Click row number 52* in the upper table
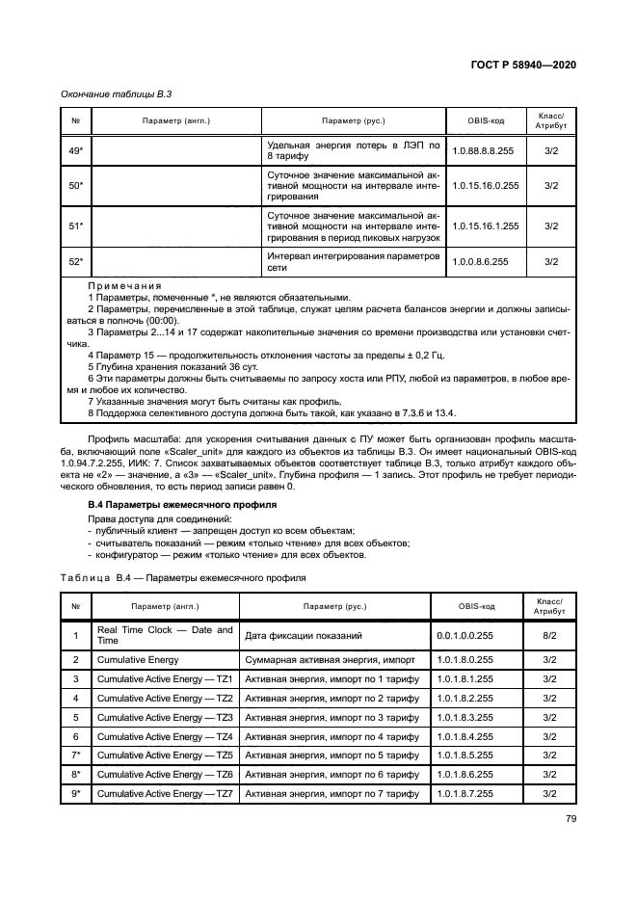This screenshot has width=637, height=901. point(75,260)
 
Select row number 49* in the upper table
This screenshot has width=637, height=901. point(75,150)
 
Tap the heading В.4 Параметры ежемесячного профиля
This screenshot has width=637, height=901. point(164,504)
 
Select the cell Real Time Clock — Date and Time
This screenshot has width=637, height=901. point(165,635)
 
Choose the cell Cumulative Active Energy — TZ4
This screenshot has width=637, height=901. point(165,735)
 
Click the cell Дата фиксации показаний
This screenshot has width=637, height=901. point(304,635)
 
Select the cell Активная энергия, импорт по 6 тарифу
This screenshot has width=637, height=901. point(332,774)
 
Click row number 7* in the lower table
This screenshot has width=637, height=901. point(75,755)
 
